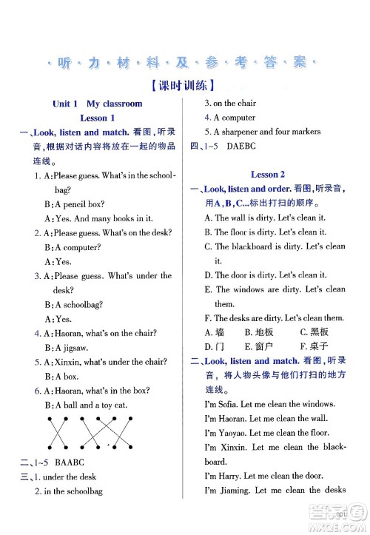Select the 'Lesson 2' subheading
[x=268, y=175]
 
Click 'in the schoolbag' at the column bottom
[x=72, y=491]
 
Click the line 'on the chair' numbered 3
[x=235, y=104]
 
